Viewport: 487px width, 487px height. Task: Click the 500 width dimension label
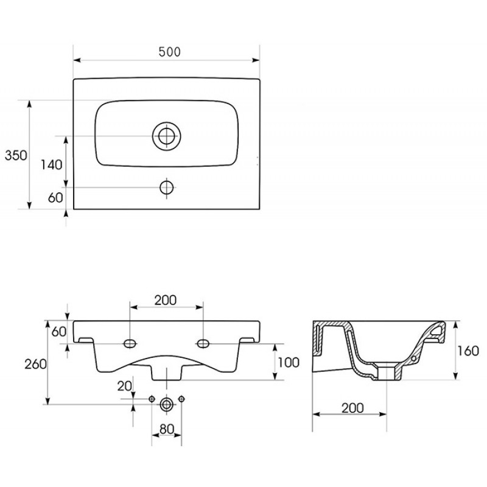coord(169,52)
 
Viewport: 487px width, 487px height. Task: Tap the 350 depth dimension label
coord(16,155)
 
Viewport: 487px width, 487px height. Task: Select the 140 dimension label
coord(52,164)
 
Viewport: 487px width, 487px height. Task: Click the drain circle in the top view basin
coord(167,136)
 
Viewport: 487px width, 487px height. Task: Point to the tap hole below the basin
coord(167,187)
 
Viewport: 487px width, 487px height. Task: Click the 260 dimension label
coord(35,364)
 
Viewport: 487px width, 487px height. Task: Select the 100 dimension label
coord(289,362)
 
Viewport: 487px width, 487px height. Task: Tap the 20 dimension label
coord(125,386)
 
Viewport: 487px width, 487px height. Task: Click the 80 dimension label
coord(167,429)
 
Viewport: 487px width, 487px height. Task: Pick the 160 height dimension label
coord(468,351)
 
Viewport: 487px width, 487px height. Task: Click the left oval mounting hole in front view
coord(130,343)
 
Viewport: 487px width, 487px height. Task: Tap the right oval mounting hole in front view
coord(203,343)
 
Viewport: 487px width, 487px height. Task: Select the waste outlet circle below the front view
coord(167,405)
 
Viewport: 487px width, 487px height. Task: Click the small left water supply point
coord(152,399)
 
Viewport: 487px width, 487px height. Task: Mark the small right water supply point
coord(181,399)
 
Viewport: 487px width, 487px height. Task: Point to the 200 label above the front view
coord(166,300)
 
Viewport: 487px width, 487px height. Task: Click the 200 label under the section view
coord(352,408)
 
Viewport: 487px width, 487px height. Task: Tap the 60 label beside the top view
coord(55,197)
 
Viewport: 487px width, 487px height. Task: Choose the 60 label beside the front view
coord(59,332)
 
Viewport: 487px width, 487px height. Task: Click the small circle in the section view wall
coord(413,359)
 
